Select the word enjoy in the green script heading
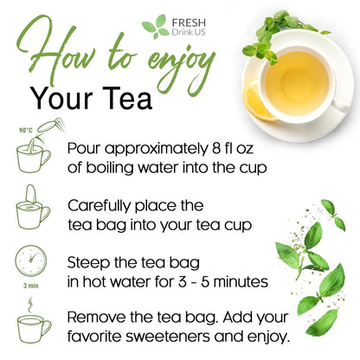177,62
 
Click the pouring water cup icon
35,152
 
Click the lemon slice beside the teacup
260,100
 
